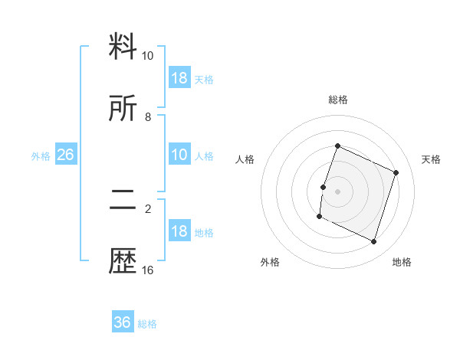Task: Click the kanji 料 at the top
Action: coord(123,47)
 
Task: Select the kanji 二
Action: coord(123,201)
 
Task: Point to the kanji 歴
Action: coord(123,262)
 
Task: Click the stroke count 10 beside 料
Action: coord(148,56)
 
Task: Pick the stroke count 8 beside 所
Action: coord(148,117)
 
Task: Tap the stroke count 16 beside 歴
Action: coord(148,270)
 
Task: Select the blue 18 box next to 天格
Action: coord(179,78)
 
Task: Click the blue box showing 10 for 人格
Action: coord(179,155)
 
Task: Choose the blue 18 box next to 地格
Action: coord(179,231)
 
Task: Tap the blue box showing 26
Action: coord(65,155)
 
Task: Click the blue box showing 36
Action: coord(123,322)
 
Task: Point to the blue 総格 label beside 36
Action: coord(147,324)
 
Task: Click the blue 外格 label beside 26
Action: coord(41,156)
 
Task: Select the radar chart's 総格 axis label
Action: coord(337,100)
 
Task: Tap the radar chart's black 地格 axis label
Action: coord(402,262)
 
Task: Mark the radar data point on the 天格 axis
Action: coord(396,172)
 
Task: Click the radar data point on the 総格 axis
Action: coord(337,146)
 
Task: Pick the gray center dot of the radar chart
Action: coord(337,191)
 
